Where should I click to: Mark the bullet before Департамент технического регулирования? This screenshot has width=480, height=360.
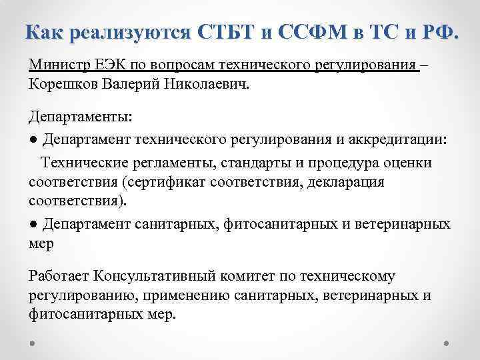coord(33,140)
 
